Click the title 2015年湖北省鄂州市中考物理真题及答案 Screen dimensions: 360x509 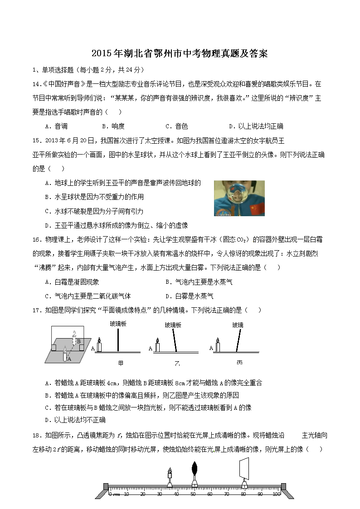[180, 53]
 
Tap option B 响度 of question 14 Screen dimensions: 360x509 [113, 126]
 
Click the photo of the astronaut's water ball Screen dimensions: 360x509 [239, 198]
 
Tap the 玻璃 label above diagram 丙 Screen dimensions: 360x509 [238, 325]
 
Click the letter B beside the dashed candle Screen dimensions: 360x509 [78, 341]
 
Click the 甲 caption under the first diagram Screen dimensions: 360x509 [121, 363]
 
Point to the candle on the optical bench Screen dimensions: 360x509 [170, 478]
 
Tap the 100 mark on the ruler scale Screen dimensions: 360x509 [276, 494]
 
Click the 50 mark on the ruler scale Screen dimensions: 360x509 [194, 494]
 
